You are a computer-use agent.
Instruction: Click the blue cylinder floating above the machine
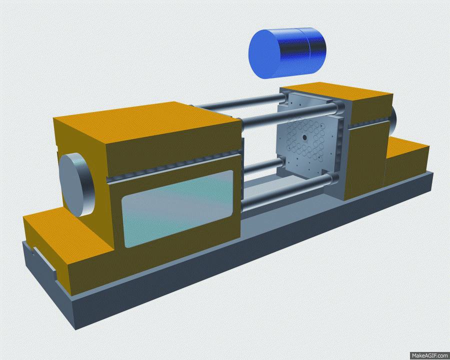(287, 53)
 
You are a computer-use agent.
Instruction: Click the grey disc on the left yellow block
(76, 184)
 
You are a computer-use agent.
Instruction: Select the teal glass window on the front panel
(177, 208)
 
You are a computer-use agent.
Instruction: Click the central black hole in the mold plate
(304, 138)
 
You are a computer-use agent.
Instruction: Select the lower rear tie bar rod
(262, 166)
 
